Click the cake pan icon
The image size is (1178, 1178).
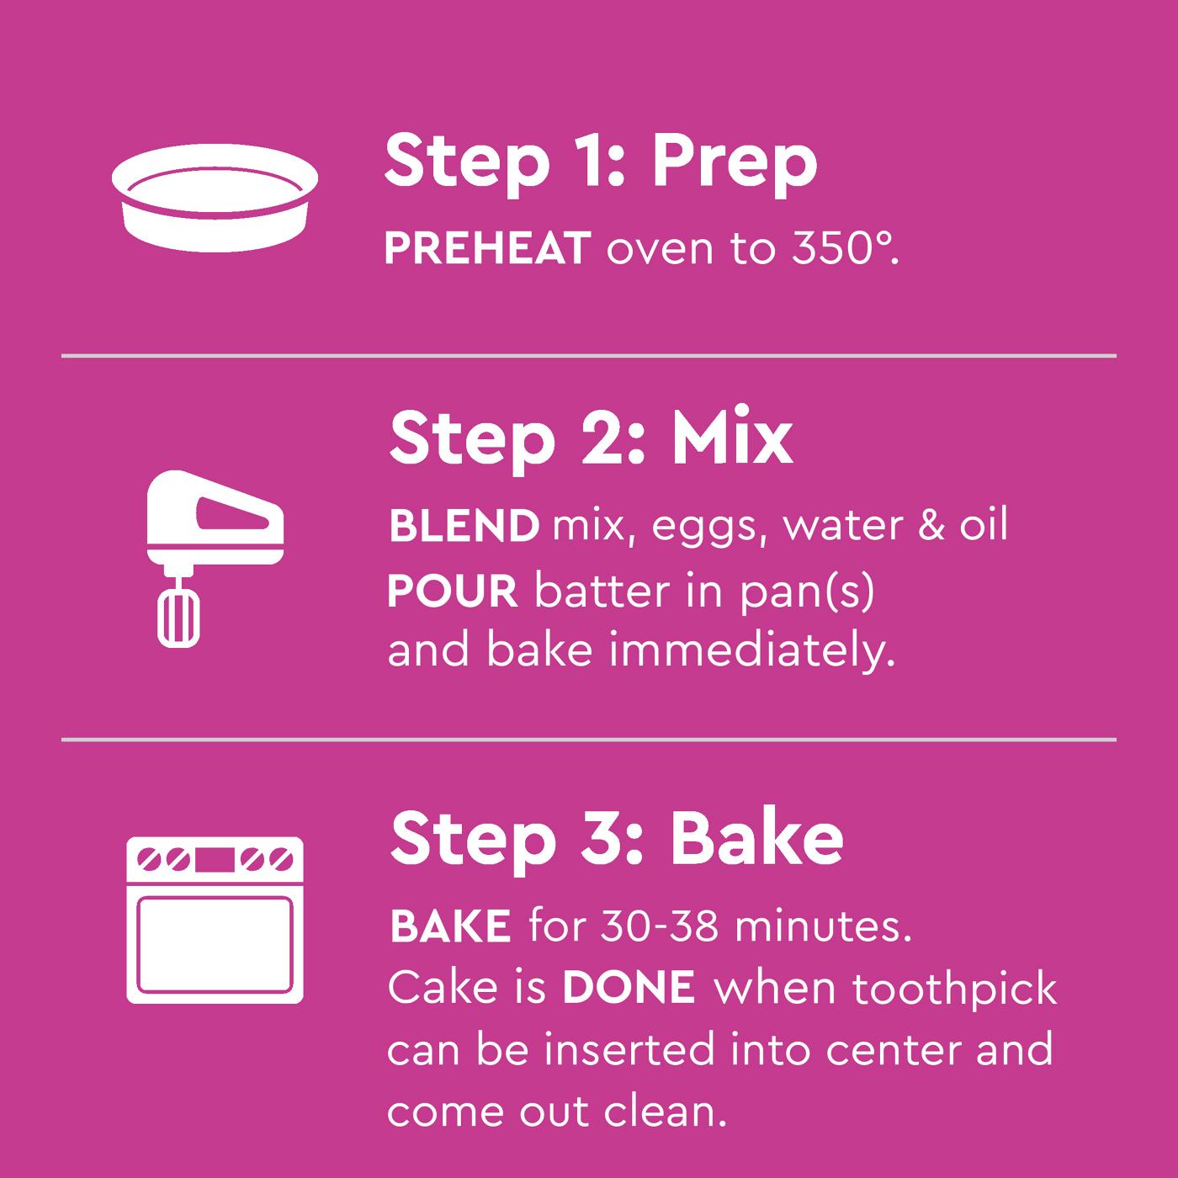click(x=215, y=198)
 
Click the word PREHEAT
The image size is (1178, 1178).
click(x=486, y=249)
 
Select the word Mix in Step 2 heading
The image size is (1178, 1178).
click(x=731, y=438)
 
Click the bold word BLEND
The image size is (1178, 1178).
click(x=464, y=526)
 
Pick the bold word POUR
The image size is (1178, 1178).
click(x=452, y=592)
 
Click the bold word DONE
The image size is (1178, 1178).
click(x=629, y=988)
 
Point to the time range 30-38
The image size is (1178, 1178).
click(x=660, y=926)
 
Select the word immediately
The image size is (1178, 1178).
click(x=751, y=652)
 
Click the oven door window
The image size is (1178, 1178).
click(x=215, y=942)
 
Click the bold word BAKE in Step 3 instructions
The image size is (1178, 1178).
click(x=450, y=926)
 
